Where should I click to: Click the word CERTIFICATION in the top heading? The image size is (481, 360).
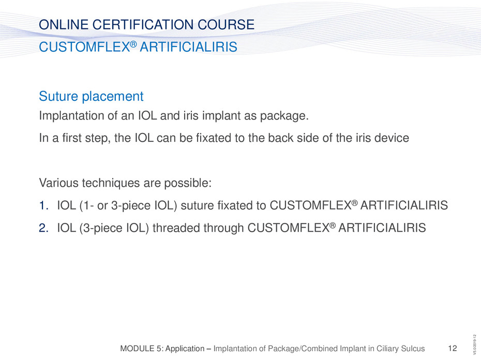click(x=143, y=24)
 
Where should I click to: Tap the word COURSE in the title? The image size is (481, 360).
click(x=226, y=24)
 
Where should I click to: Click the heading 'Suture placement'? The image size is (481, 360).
click(x=91, y=96)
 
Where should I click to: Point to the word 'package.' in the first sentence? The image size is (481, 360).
click(x=284, y=116)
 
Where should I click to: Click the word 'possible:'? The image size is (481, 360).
click(x=188, y=183)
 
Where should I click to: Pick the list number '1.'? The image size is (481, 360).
click(x=44, y=205)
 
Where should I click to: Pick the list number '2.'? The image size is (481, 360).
click(x=44, y=228)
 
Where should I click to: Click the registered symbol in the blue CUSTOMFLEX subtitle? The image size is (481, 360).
click(x=133, y=44)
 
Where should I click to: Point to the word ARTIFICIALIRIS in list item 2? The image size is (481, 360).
click(x=382, y=228)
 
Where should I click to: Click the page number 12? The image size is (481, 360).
click(x=453, y=348)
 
